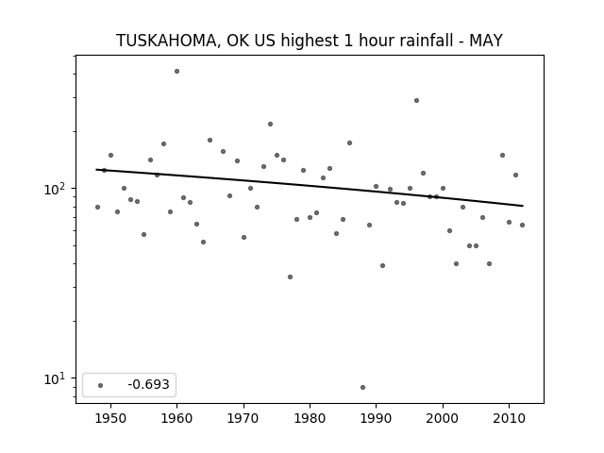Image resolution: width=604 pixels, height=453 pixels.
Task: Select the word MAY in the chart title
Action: click(486, 41)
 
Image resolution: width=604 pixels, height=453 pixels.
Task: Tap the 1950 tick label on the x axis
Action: click(110, 418)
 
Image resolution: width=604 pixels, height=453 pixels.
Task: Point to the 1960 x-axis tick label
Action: click(176, 418)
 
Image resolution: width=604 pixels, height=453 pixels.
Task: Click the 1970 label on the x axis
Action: click(243, 418)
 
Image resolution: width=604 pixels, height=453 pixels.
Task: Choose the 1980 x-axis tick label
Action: click(310, 418)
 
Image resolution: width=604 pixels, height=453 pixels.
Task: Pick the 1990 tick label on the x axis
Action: click(376, 418)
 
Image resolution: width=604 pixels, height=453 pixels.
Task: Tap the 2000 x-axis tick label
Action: click(443, 418)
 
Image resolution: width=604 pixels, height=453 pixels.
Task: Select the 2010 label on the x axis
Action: click(509, 418)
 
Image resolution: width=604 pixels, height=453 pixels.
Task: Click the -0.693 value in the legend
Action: click(149, 384)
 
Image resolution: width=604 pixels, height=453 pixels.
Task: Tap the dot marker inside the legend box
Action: click(101, 385)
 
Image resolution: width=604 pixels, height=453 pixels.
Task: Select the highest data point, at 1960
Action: click(176, 72)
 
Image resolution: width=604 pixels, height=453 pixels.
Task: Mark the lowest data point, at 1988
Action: click(362, 387)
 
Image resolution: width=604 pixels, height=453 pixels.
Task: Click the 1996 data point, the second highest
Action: click(416, 101)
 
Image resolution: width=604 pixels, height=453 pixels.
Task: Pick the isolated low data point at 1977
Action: click(290, 277)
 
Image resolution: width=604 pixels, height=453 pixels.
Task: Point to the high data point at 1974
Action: click(271, 124)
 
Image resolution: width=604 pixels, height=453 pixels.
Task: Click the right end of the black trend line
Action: click(523, 206)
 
